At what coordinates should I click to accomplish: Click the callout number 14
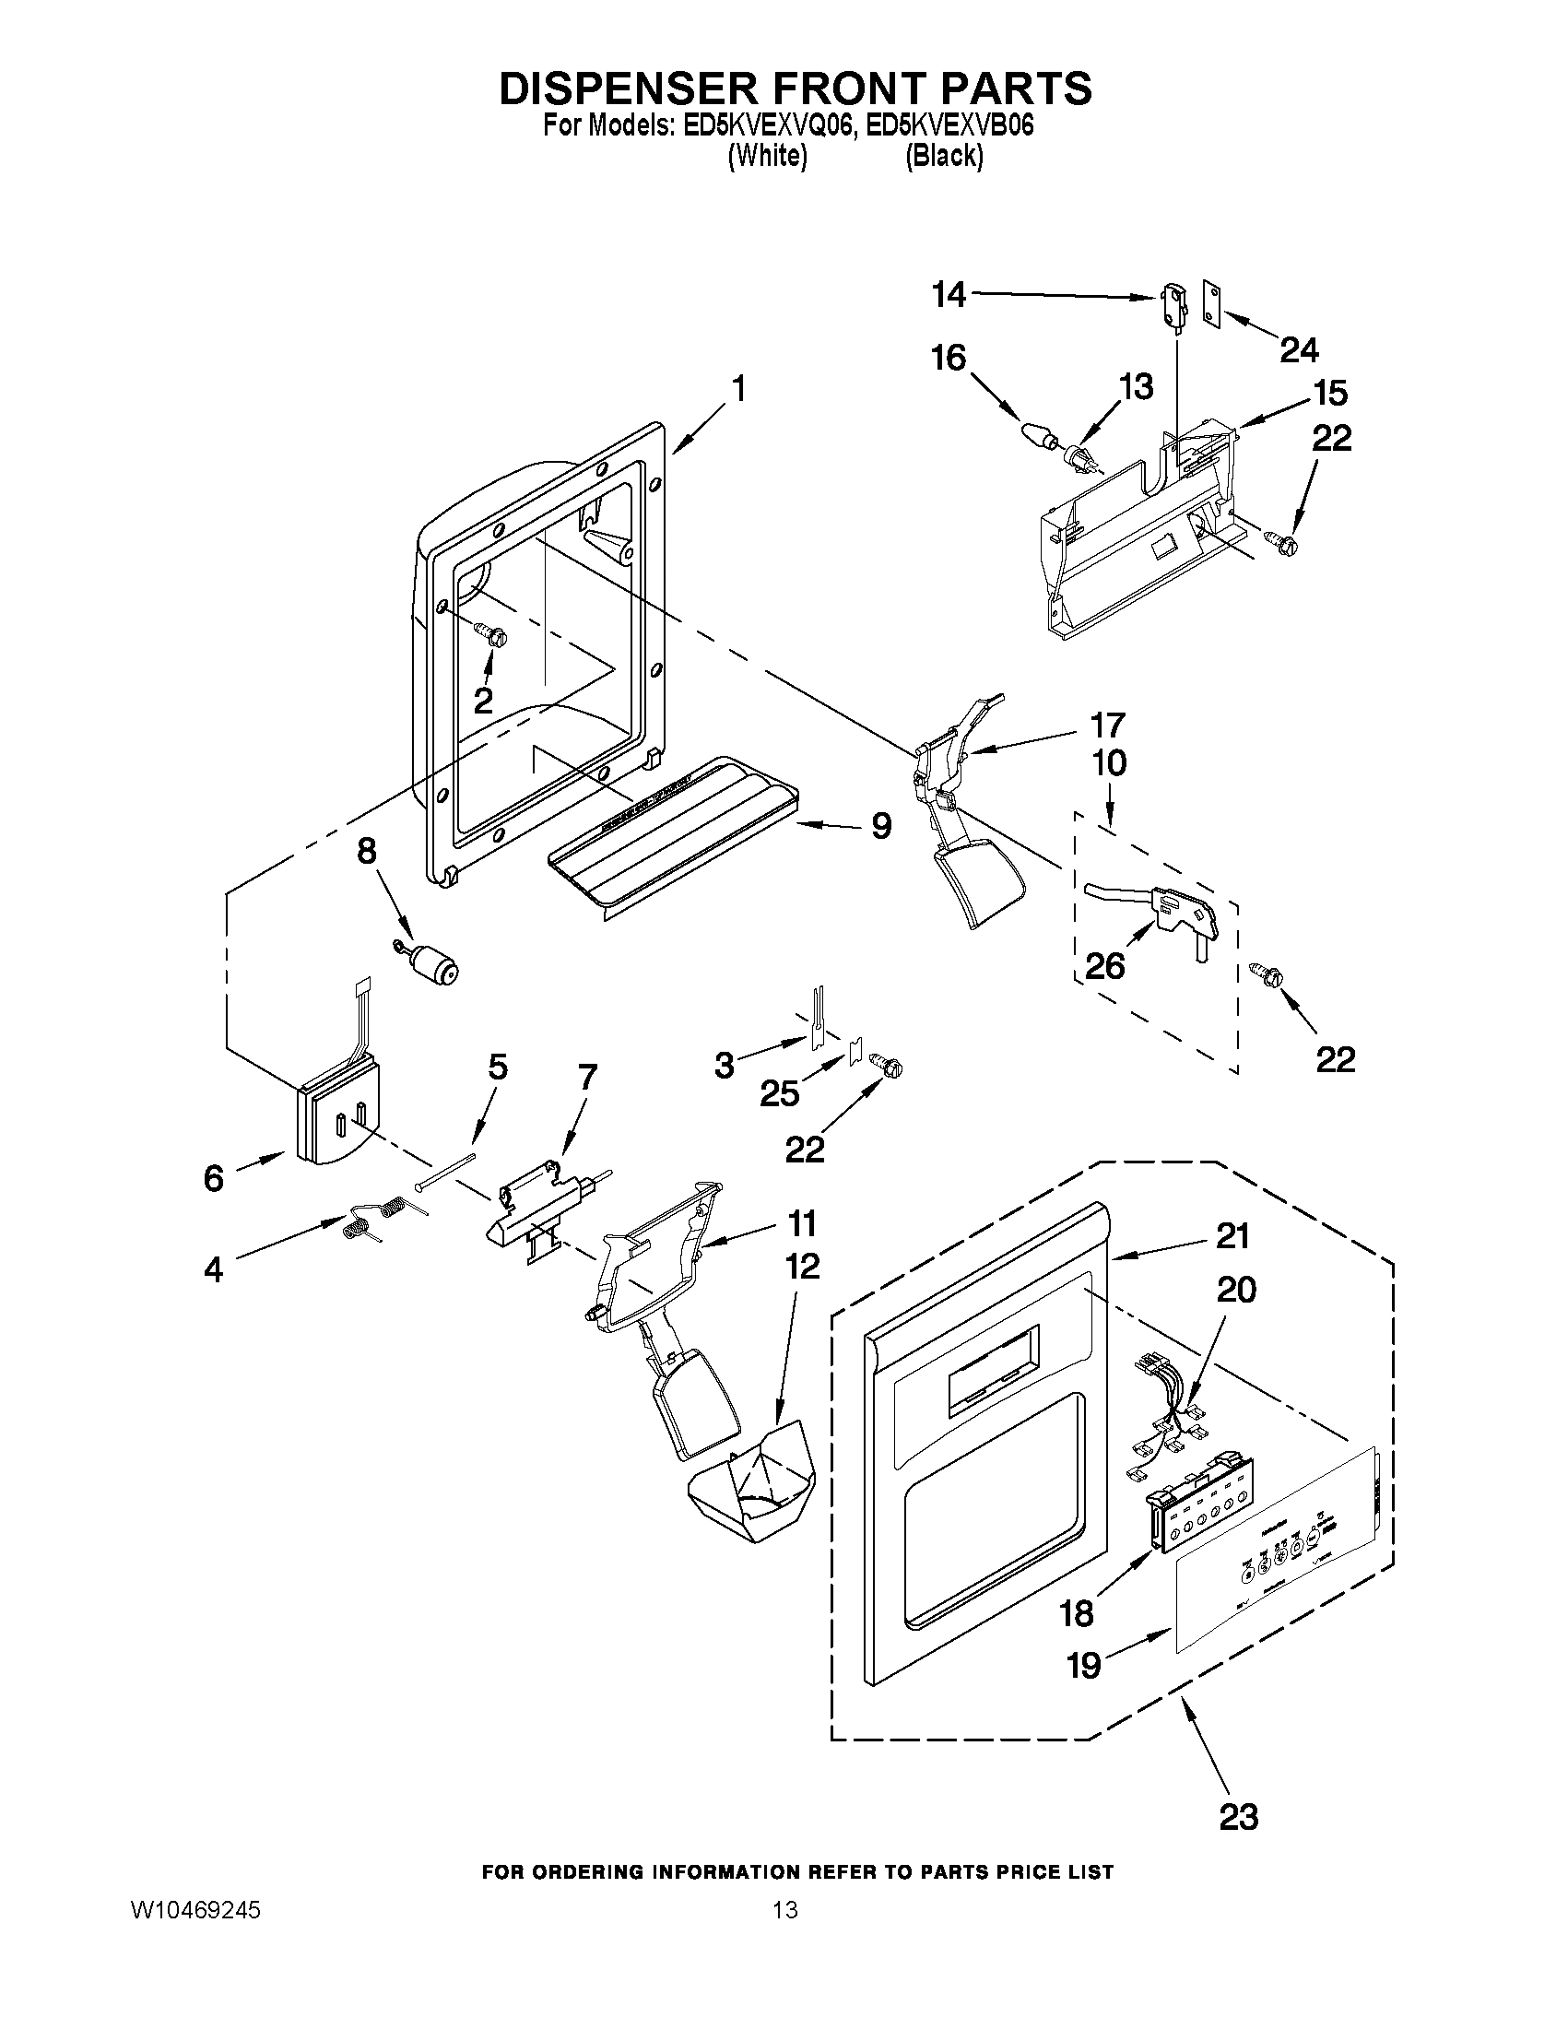coord(949,295)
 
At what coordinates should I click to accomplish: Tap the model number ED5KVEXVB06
coord(949,126)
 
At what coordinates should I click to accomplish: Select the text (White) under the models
coord(766,156)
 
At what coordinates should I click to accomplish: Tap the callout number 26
coord(1104,966)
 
